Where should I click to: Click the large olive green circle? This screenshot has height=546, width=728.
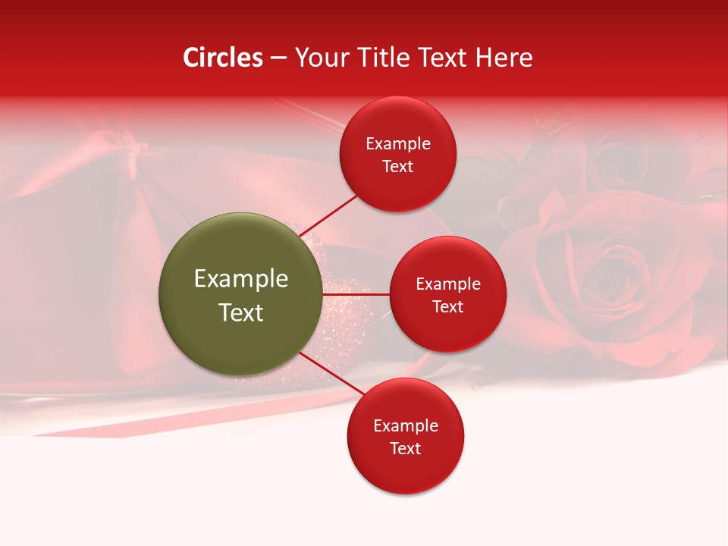click(x=240, y=294)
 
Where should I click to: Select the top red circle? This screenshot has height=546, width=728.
click(x=397, y=154)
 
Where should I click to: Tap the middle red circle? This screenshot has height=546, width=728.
click(x=447, y=294)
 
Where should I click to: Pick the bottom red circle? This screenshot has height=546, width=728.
click(x=405, y=436)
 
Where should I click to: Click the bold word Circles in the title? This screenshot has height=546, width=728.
click(x=223, y=58)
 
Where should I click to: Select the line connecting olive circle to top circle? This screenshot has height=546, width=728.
click(x=329, y=215)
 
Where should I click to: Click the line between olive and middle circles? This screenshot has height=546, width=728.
click(x=356, y=293)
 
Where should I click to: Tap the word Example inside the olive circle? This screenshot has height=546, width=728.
click(x=241, y=278)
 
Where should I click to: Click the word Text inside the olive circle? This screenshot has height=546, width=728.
click(x=241, y=312)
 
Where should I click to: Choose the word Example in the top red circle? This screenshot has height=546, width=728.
click(x=398, y=143)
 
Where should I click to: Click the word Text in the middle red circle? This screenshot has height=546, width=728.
click(x=447, y=306)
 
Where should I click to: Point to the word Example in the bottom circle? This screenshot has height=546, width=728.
click(x=406, y=425)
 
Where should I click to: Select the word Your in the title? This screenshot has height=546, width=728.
click(x=317, y=58)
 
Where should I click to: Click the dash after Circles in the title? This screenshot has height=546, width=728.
click(x=278, y=58)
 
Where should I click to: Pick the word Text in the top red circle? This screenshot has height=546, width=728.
click(x=397, y=166)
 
